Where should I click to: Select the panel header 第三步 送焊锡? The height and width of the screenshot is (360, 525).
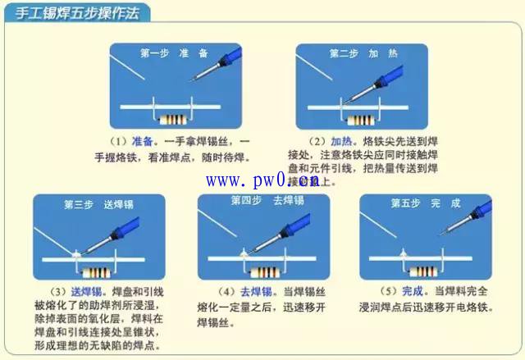(x=98, y=203)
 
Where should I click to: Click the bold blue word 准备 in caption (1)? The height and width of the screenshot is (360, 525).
(x=142, y=141)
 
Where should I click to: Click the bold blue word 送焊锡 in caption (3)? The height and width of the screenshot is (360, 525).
(x=85, y=292)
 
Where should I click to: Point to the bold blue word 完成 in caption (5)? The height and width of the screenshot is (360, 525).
(x=412, y=292)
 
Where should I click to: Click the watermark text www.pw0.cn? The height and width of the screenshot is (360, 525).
(x=262, y=180)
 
